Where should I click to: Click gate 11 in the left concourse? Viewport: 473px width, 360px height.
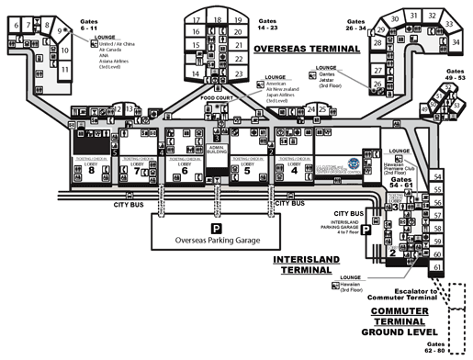pos(65,68)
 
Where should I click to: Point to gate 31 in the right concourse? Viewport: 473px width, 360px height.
pos(416,16)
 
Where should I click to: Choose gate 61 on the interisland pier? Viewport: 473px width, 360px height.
pos(436,267)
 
